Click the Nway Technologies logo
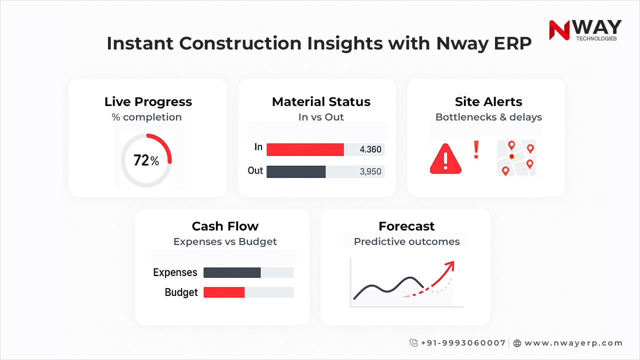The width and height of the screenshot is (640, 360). [585, 30]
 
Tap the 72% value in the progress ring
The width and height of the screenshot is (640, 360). [146, 160]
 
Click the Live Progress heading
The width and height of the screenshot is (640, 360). [148, 101]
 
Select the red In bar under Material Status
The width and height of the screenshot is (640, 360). [305, 149]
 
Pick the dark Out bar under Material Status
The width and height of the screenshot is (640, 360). [296, 171]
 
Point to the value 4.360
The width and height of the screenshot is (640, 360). [370, 149]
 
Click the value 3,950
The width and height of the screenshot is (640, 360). [370, 171]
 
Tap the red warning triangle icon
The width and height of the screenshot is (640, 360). [445, 159]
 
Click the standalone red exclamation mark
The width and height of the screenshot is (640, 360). [476, 149]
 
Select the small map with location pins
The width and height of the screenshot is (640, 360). [516, 157]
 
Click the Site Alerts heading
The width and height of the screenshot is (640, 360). [488, 101]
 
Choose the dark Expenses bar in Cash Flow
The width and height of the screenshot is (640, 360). [232, 272]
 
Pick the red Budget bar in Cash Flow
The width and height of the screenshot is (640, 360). [224, 292]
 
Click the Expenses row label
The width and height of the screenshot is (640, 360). [175, 272]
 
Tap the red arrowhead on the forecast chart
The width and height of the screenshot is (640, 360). [449, 265]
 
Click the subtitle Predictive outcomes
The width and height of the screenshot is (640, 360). [406, 241]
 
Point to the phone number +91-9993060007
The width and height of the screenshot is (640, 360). [463, 343]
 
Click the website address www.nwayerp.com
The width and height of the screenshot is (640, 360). [573, 343]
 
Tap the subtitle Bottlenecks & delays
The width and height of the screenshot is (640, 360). [488, 117]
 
